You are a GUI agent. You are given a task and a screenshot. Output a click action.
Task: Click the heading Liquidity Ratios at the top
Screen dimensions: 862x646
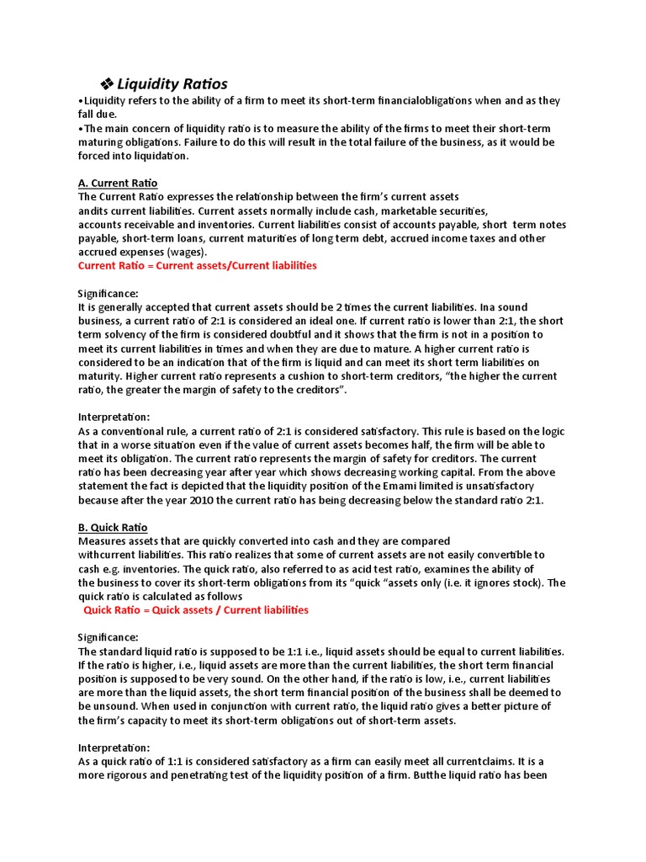click(172, 83)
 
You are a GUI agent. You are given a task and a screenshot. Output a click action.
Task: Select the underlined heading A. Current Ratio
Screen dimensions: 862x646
click(118, 183)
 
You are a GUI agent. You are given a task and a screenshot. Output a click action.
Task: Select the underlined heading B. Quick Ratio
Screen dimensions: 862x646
click(113, 527)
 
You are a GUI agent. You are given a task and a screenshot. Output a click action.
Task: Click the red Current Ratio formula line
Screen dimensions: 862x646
click(197, 265)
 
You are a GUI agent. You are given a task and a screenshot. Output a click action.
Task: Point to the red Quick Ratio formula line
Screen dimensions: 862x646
click(196, 609)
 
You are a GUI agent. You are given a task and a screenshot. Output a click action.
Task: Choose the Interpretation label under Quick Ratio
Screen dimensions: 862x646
click(114, 748)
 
